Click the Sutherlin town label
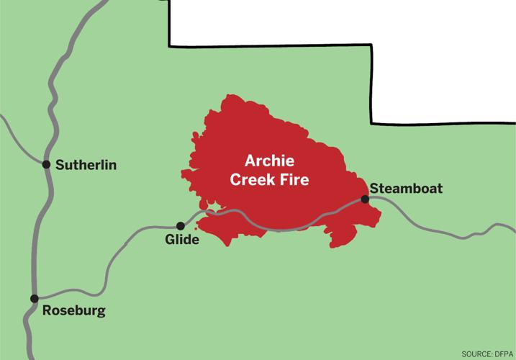86,166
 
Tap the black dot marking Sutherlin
47,165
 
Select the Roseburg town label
74,311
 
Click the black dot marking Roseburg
34,298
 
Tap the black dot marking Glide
181,225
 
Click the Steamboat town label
406,189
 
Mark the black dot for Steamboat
365,199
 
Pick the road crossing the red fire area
288,229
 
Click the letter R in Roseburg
47,311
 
